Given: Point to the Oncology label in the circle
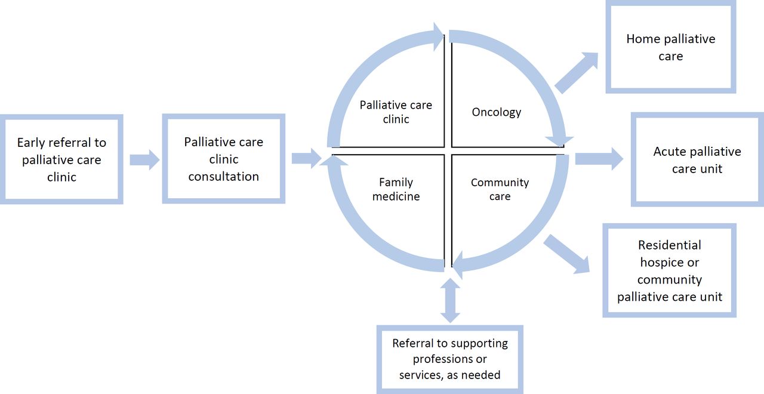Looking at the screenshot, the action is tap(496, 112).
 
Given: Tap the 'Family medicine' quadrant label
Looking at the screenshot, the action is tap(396, 189).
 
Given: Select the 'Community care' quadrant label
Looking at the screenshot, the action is tap(500, 189).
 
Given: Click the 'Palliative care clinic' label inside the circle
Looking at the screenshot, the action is tap(396, 112).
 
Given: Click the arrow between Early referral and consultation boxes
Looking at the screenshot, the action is tap(144, 159).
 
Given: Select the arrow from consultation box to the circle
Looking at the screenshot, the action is tap(307, 158).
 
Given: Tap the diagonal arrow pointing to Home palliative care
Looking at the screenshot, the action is tap(577, 73).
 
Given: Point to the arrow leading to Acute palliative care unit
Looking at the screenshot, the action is tap(599, 159).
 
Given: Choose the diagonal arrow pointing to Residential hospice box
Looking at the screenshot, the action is tap(566, 254).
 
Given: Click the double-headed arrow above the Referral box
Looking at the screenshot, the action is tap(450, 300).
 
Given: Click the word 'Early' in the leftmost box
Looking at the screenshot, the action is tap(30, 143).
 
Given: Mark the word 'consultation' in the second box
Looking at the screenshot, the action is tap(224, 176).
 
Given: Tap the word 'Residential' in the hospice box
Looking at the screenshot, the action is tap(670, 245).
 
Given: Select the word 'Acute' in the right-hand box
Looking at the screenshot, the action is tap(667, 152).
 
